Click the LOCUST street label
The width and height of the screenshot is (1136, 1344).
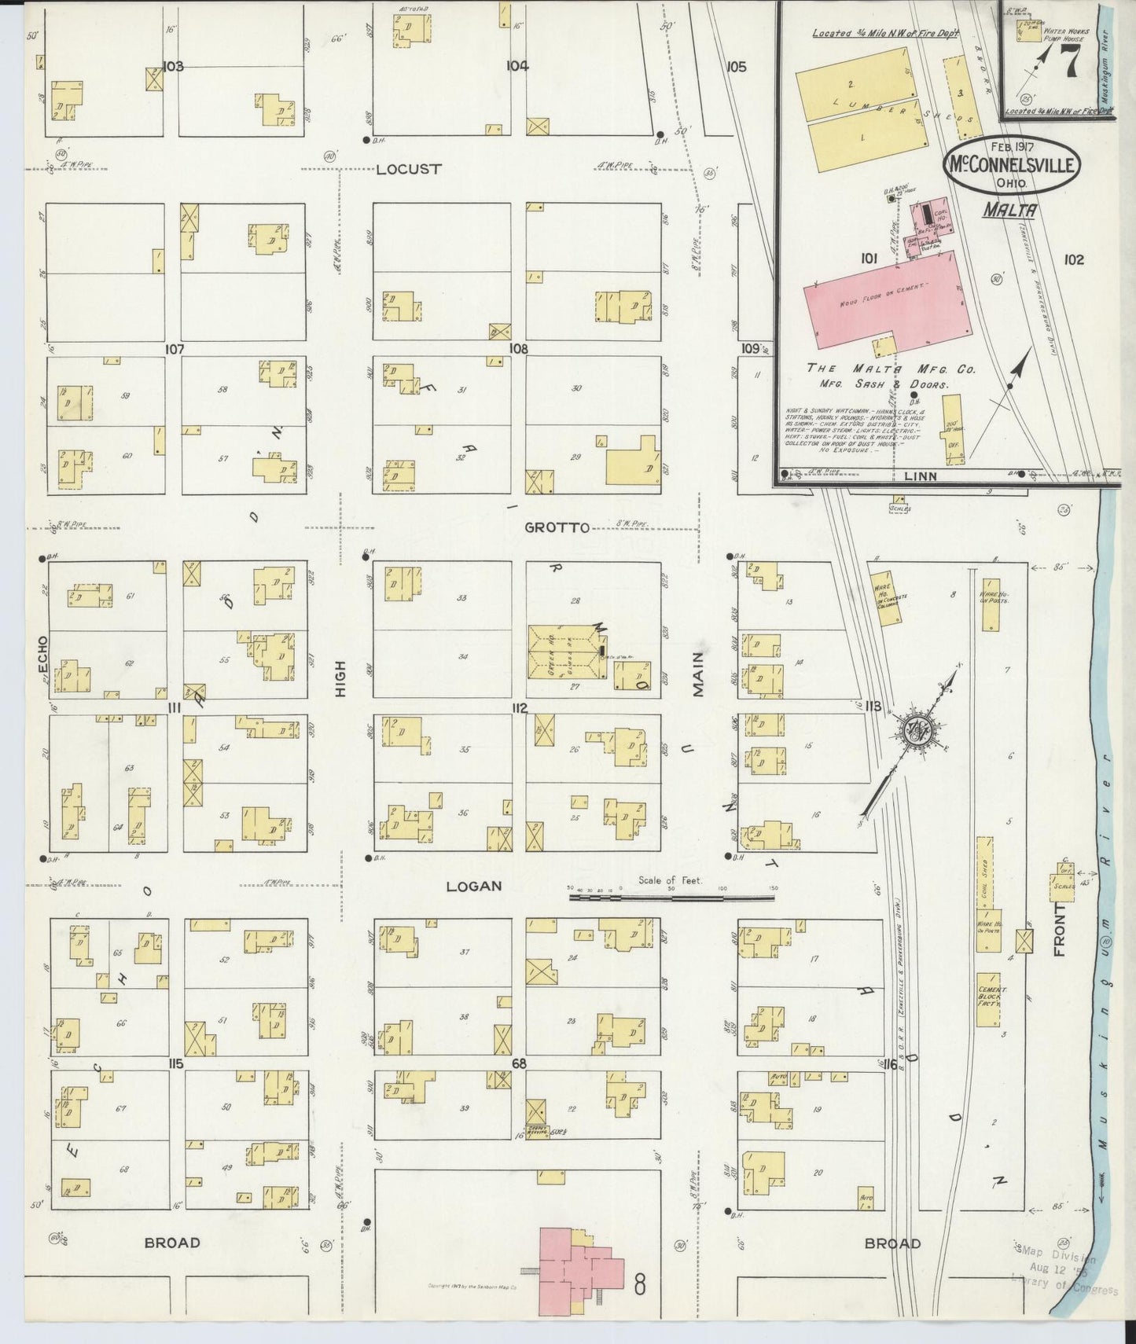(409, 169)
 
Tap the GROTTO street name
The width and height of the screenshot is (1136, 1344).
(558, 527)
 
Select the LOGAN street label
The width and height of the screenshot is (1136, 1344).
(473, 886)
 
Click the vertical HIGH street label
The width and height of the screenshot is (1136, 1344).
(340, 678)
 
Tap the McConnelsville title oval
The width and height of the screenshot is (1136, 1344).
(1012, 165)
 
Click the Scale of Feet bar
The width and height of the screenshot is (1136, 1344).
(673, 895)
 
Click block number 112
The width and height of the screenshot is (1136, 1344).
(519, 707)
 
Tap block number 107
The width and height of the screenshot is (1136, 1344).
(174, 347)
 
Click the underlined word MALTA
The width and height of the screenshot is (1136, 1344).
(1009, 210)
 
